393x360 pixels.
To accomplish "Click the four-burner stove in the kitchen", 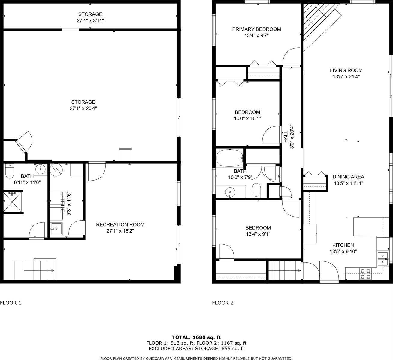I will [x=365, y=274].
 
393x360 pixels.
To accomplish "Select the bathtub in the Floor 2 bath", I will [x=230, y=158].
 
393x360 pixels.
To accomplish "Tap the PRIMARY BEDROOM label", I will [x=256, y=29].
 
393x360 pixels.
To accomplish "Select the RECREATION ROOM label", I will [x=120, y=224].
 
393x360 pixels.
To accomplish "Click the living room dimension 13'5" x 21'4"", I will [x=346, y=77].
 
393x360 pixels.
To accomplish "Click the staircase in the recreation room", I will [x=35, y=269].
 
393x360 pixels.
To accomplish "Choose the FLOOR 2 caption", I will [x=222, y=303].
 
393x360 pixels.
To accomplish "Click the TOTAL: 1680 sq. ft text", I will [x=196, y=337].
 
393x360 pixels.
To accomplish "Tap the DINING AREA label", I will [x=348, y=177].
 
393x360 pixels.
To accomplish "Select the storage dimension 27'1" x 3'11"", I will [x=90, y=20].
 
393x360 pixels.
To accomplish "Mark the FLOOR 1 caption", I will [x=11, y=303].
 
